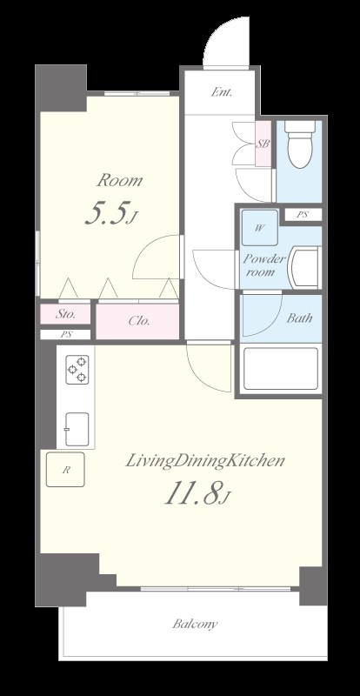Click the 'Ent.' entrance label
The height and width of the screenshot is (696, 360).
pos(221,90)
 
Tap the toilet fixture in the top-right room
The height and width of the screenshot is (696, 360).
pos(299,144)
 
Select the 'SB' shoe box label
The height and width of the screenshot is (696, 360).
pos(261,144)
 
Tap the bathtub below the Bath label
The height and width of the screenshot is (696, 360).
pos(280,368)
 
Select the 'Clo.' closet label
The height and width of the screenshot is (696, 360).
pos(139,320)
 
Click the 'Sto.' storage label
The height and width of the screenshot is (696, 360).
pos(66,314)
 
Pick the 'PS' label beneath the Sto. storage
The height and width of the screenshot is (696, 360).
pos(66,334)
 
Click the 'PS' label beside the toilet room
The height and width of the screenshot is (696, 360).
pos(302,214)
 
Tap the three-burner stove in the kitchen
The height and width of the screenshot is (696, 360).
pos(77,370)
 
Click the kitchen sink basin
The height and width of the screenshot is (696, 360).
pos(76,425)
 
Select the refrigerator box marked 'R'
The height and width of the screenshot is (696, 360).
pos(66,470)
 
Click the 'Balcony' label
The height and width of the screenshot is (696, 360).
pos(194,624)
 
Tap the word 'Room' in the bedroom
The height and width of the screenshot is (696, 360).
pos(119,181)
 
